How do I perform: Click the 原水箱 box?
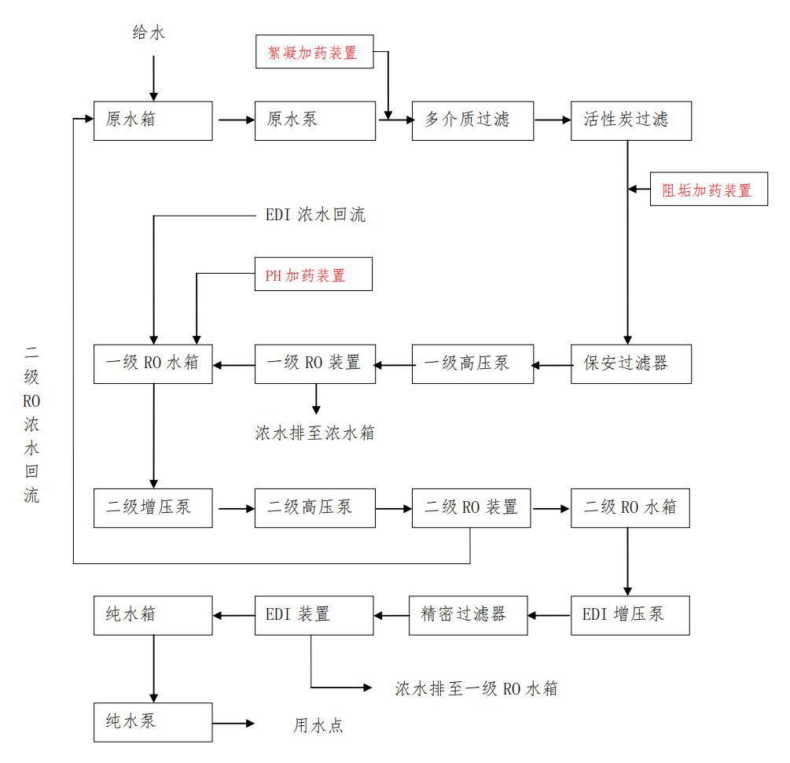click(152, 120)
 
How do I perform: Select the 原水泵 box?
click(314, 120)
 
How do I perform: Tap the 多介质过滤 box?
click(472, 120)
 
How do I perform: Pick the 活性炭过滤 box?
click(630, 120)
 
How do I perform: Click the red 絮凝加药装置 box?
click(314, 51)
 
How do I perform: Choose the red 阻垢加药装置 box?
click(708, 190)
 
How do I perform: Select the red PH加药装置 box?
click(313, 275)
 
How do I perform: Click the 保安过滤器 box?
click(630, 363)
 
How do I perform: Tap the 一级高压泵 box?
click(472, 363)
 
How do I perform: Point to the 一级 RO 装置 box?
click(314, 363)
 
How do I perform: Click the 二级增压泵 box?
click(152, 507)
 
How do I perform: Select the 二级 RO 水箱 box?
click(630, 507)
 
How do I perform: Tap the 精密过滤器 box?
click(468, 615)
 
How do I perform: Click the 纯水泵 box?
click(152, 722)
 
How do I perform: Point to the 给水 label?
click(149, 33)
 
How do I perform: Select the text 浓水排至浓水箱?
click(314, 433)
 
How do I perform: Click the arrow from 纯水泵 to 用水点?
click(234, 723)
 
